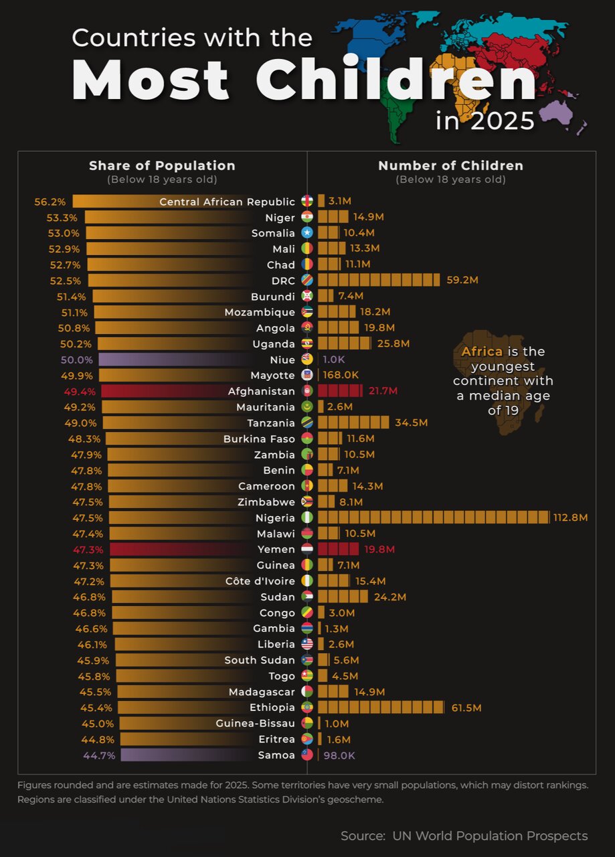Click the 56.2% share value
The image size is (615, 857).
[50, 202]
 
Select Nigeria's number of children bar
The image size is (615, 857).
[433, 518]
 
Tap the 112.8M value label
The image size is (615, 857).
[570, 518]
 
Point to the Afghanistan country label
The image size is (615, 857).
[261, 391]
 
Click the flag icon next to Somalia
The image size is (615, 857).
[307, 233]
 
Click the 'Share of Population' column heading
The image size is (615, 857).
[162, 166]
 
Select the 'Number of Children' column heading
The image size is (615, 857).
[450, 166]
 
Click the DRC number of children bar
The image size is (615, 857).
[379, 281]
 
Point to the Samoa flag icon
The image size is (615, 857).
[307, 755]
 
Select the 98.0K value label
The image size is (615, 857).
[339, 755]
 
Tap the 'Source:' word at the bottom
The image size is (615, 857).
[363, 836]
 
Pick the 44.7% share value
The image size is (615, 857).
[100, 755]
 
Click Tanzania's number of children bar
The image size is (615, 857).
[353, 422]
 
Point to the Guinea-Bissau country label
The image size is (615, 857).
[255, 723]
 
